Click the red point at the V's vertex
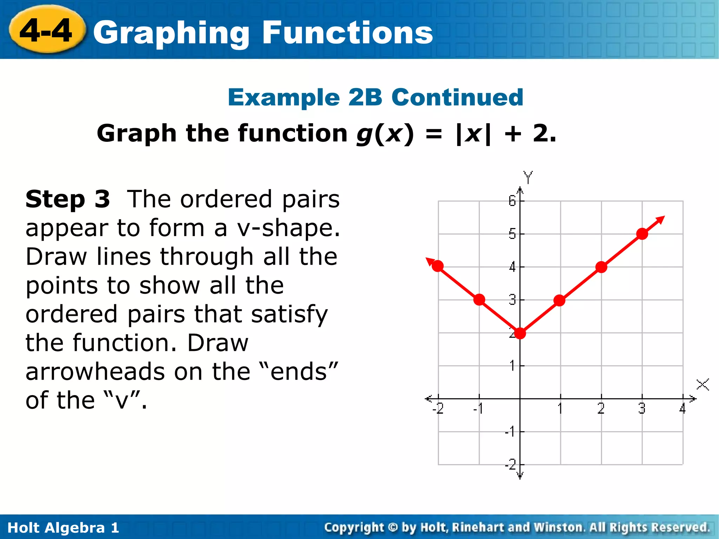coord(520,333)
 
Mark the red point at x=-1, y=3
coord(479,300)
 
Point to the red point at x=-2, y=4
coord(438,266)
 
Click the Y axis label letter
coord(528,177)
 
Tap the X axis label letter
coord(702,384)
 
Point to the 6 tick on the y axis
coord(512,201)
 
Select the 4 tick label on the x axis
coord(682,408)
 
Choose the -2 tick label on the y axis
coord(511,465)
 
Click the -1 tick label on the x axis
coord(478,408)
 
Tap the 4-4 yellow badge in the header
coord(46,31)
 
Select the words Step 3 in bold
coord(68,199)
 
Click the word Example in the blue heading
coord(284,97)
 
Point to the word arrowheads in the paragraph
coord(94,372)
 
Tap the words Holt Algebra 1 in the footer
coord(63,527)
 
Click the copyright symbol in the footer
coord(393,527)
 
